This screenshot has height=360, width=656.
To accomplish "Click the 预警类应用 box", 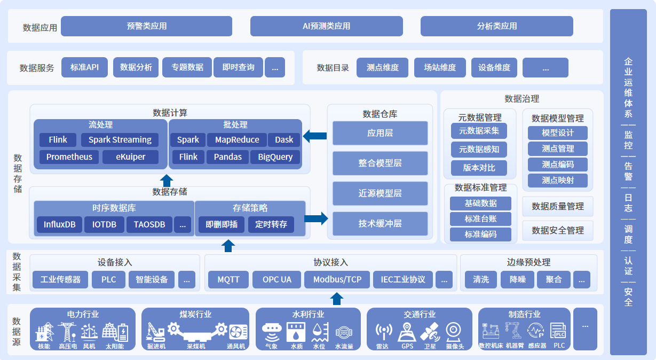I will (146, 26).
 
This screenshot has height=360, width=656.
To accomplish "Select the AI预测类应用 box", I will (326, 26).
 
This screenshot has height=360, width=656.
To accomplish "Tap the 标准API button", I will (84, 67).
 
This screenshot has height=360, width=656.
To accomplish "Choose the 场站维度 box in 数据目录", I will (440, 68).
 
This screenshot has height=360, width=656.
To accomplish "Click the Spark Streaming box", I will (120, 140).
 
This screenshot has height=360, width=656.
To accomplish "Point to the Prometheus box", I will (69, 157).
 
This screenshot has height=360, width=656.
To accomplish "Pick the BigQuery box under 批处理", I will (275, 157).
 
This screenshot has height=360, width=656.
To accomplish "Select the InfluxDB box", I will (59, 225).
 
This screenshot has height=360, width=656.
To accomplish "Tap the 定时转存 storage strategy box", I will (271, 225).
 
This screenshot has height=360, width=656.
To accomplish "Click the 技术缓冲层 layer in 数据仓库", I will (380, 224).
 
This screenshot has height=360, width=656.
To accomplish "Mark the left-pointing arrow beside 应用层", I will (315, 136).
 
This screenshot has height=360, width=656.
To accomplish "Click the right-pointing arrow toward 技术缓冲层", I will (316, 218).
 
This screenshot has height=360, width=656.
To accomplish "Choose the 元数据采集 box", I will (479, 131).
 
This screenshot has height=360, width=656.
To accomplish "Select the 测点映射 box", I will (557, 181).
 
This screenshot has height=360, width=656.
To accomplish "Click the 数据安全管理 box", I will (557, 231).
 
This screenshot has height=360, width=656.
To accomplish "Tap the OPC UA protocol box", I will (277, 279).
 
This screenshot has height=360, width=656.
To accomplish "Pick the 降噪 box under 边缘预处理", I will (517, 279).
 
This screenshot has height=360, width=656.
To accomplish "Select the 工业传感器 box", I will (60, 279).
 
